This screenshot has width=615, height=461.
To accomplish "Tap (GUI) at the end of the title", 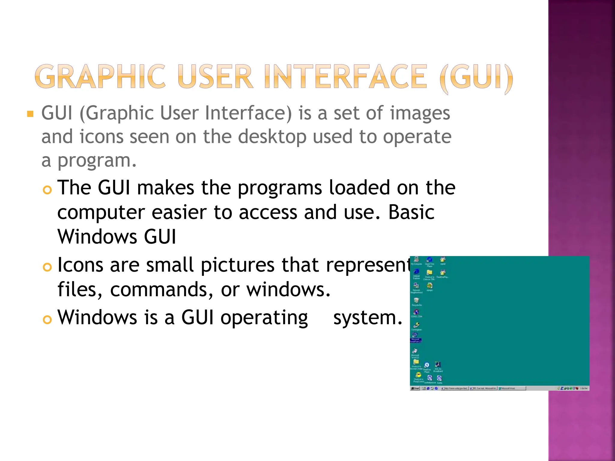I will pos(476,77).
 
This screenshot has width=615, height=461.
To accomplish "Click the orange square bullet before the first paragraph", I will pos(30,114).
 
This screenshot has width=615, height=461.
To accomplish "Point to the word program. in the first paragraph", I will pos(97,161).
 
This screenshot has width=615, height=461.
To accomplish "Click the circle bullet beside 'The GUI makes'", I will pos(47,190).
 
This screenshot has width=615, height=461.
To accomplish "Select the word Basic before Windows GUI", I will pos(411,212).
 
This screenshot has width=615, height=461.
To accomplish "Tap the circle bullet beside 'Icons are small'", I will pos(47,267).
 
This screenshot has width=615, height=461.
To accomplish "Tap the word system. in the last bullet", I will pos(368,318).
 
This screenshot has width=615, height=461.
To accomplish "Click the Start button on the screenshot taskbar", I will pos(415,388).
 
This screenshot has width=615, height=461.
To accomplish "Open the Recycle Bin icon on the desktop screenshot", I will pos(416,300).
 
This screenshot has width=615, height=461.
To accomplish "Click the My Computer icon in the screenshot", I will pos(416,260).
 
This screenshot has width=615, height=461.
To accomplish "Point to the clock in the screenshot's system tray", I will pos(583,388).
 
